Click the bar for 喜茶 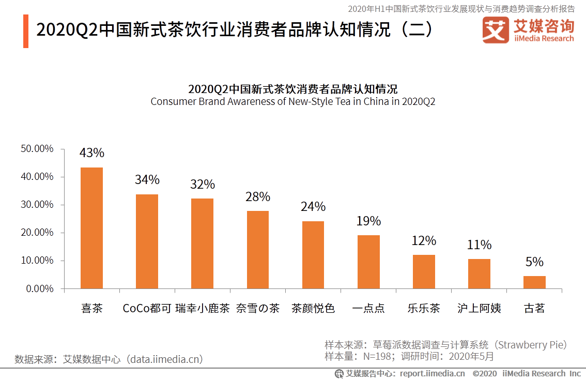[x=91, y=228]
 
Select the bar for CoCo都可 [x=147, y=241]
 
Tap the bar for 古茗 [x=534, y=282]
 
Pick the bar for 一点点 [x=368, y=262]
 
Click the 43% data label [x=91, y=153]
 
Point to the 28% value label [x=258, y=197]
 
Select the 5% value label [x=534, y=262]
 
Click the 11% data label [x=479, y=245]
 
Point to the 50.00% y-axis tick [x=37, y=149]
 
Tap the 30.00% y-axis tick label [x=37, y=205]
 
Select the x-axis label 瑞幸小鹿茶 [x=202, y=309]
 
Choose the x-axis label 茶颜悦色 [x=313, y=309]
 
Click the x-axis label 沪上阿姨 [x=479, y=309]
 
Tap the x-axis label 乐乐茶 [x=424, y=309]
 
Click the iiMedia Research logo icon [x=496, y=30]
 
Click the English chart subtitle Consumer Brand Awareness [x=292, y=101]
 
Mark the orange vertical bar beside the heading [x=26, y=31]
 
